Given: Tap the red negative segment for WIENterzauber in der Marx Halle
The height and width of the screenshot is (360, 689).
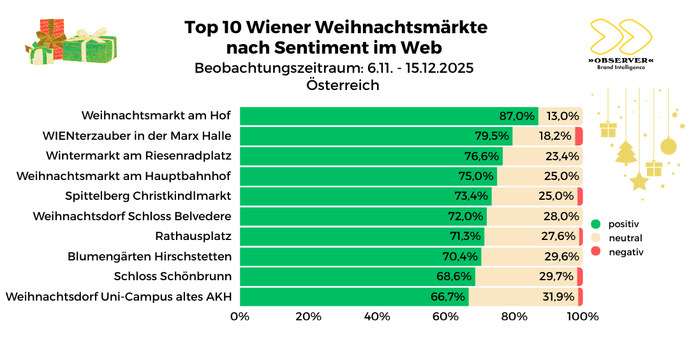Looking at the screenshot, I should (579, 136).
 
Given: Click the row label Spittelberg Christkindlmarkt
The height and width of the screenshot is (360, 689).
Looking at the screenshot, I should (148, 196).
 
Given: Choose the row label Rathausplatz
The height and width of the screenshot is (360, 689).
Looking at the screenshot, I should (193, 236).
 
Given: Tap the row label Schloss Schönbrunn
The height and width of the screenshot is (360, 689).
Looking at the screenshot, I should (172, 276).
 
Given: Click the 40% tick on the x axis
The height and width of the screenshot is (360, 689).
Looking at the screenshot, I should (377, 317).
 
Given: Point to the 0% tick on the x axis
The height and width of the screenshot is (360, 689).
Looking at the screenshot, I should (240, 317).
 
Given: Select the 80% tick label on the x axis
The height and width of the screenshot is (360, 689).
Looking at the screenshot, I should (514, 317).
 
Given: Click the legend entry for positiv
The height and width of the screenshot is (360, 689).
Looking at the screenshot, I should (623, 224).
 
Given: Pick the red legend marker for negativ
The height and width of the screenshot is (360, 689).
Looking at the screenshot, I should (596, 252).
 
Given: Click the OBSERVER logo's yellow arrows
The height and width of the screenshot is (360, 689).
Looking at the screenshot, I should (619, 37).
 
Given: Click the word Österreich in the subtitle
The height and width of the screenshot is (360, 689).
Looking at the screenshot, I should (343, 85).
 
